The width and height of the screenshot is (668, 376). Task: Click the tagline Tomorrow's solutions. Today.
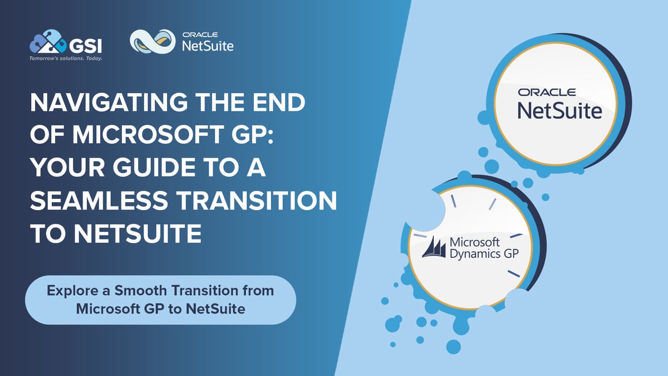pos(66,57)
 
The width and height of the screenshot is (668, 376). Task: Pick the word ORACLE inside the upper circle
pos(547,92)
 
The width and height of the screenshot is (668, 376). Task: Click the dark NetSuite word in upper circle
pos(559,110)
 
